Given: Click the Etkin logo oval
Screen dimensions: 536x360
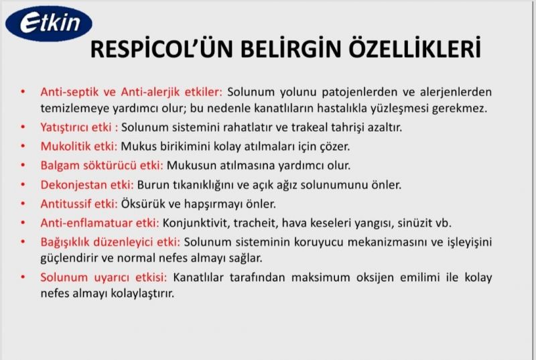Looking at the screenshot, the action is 48,23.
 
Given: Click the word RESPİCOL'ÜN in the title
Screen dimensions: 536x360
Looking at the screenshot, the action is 161,49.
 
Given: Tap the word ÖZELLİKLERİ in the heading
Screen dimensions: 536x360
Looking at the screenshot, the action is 414,48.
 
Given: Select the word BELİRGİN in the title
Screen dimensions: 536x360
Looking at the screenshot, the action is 291,48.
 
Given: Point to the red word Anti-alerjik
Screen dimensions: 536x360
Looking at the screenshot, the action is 150,92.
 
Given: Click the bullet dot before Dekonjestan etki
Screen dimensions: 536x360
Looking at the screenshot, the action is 23,184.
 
